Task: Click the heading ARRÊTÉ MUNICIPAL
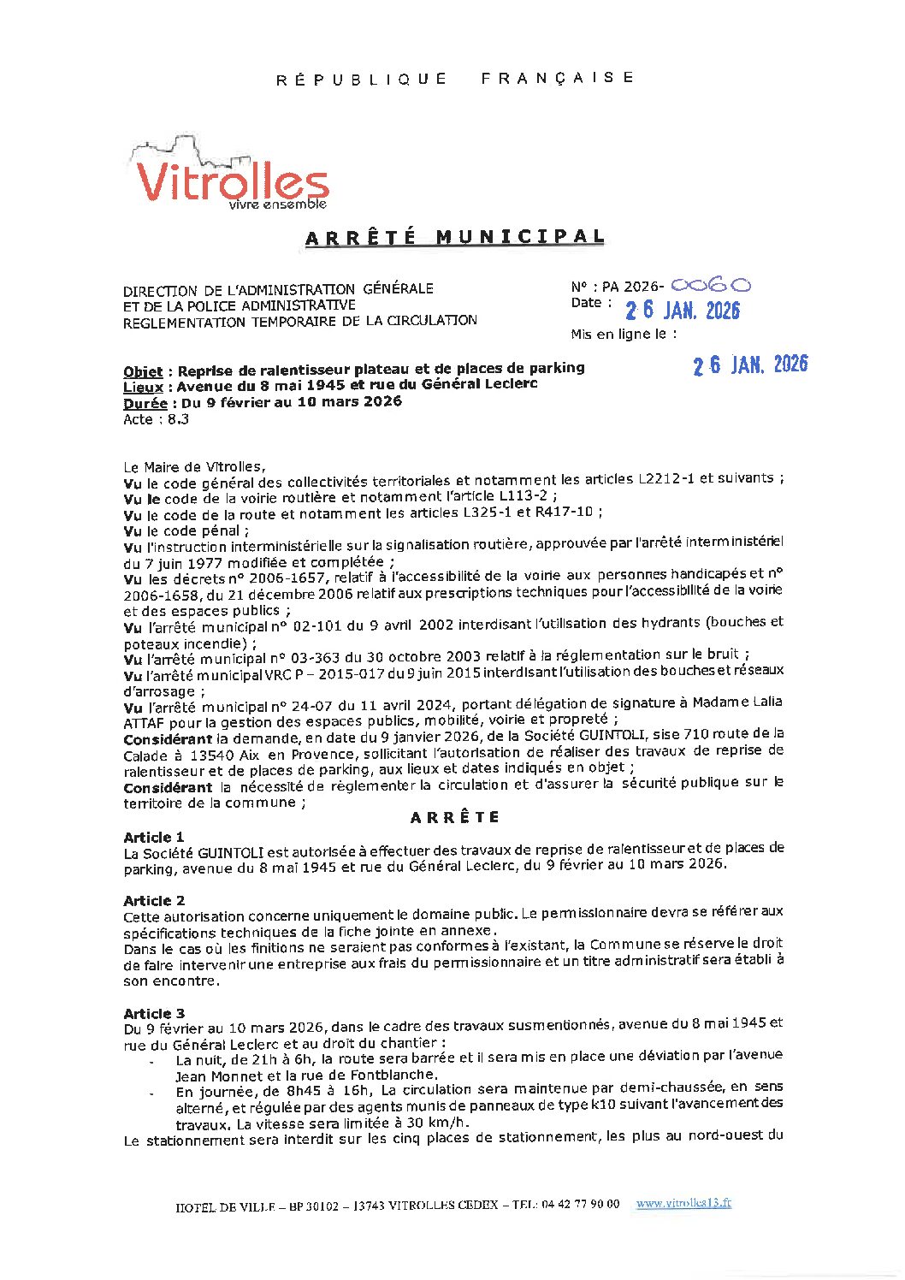coord(454,238)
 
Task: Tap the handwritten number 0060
coord(711,286)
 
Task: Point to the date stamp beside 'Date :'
coord(682,311)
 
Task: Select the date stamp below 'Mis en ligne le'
coord(749,365)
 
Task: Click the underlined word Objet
coord(143,371)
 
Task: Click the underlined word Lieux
coord(143,387)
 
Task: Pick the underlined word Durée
coord(145,403)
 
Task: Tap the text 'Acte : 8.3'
coord(156,419)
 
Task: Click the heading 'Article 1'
coord(154,837)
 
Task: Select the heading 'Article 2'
coord(154,900)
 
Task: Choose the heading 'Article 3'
coord(154,1013)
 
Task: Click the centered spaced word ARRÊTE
coord(455,817)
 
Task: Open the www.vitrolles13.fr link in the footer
coord(683,1203)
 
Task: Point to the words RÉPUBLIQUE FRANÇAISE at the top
coord(454,79)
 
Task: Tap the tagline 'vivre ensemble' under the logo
coord(278,204)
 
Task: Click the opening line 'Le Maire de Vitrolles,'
coord(194,467)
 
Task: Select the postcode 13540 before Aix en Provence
coord(213,755)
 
